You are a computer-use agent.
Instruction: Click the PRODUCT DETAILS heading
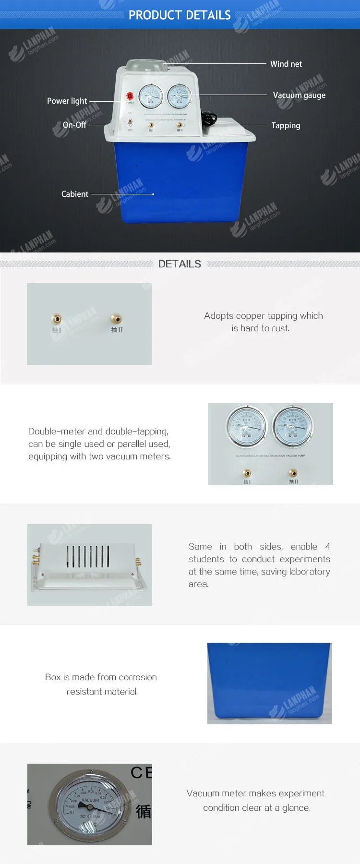(180, 15)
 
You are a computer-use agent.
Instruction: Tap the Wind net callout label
(286, 64)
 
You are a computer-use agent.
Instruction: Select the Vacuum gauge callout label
(299, 95)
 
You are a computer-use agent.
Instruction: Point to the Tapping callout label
(286, 125)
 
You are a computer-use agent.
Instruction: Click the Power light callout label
(67, 101)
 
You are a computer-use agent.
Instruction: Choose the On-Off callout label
(74, 125)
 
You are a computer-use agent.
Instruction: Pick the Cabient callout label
(74, 194)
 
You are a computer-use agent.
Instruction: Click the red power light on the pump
(130, 96)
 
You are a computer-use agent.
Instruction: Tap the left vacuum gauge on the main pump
(151, 96)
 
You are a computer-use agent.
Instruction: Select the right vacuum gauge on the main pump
(180, 96)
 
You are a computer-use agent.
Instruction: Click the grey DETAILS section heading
(180, 264)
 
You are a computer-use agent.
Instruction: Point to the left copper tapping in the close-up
(57, 319)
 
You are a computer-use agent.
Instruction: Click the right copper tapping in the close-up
(117, 319)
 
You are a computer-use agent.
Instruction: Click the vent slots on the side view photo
(88, 556)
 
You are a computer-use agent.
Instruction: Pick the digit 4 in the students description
(327, 547)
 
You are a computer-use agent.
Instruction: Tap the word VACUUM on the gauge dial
(90, 800)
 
